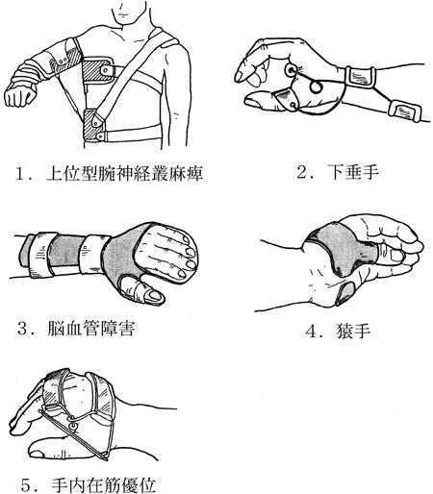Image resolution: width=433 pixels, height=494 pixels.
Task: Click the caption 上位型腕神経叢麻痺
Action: tap(124, 173)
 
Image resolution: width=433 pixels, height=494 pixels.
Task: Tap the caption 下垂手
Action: tap(353, 172)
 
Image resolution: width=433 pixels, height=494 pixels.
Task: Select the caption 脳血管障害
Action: tap(90, 328)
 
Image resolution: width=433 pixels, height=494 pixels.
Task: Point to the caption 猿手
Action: tap(353, 331)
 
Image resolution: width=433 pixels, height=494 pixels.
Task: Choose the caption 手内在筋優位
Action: tap(103, 484)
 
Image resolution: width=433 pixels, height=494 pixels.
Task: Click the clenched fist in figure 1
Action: tap(19, 94)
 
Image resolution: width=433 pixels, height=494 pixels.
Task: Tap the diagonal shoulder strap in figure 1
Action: tap(132, 74)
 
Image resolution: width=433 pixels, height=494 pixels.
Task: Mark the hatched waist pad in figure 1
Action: tap(93, 125)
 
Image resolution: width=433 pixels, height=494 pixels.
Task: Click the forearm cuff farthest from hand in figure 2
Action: tap(405, 111)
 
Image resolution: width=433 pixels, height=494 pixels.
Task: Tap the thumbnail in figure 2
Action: tap(253, 103)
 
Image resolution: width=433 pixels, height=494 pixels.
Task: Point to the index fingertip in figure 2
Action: tap(239, 76)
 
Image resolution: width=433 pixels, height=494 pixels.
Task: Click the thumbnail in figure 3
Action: tap(155, 295)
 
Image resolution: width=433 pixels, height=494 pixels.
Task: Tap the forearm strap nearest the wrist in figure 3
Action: tap(93, 255)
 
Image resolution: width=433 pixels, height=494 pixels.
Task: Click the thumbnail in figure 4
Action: tap(396, 256)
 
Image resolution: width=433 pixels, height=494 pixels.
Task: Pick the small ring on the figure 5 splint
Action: tap(74, 426)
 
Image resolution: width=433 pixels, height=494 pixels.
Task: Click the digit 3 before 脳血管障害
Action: tap(23, 328)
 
